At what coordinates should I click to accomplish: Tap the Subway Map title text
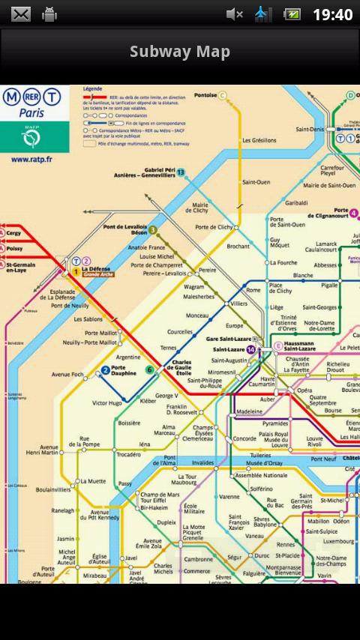coord(180,52)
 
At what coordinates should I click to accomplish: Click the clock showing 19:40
coord(331,14)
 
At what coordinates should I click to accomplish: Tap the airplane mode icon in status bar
coord(262,14)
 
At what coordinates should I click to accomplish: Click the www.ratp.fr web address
coord(31,159)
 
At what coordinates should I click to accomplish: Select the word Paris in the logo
coord(31,114)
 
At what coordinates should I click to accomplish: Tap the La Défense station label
coord(97,269)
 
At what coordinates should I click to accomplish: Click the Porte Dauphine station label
coord(124,370)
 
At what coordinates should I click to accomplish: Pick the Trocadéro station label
coord(128,454)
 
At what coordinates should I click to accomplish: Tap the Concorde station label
coord(244,438)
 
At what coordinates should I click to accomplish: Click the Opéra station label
coord(304,390)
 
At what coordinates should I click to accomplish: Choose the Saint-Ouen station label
coord(256,182)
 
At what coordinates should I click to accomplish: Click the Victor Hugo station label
coord(106,403)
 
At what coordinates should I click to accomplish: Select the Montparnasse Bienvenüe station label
coord(288,570)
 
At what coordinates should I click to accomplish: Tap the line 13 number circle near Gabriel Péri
coord(181,172)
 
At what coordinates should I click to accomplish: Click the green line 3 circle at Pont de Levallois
coord(152,230)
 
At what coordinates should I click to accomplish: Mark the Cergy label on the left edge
coord(15,233)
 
